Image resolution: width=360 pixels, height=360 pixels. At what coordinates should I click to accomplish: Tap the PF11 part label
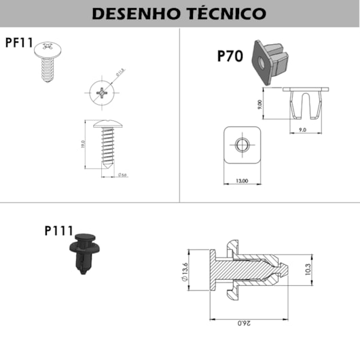click(19, 43)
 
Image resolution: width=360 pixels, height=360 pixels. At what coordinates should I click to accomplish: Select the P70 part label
click(230, 56)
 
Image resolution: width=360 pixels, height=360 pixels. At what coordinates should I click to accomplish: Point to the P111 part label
click(58, 231)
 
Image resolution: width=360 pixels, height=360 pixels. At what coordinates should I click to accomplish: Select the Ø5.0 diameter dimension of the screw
click(123, 176)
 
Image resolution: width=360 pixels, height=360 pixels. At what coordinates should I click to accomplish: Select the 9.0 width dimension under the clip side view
click(302, 129)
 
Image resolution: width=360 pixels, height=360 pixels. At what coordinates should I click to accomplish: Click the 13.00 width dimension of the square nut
click(242, 181)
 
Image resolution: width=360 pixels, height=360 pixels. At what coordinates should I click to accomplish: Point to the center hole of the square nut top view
click(242, 145)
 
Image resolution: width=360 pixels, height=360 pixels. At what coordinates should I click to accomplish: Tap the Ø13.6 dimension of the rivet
click(185, 273)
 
